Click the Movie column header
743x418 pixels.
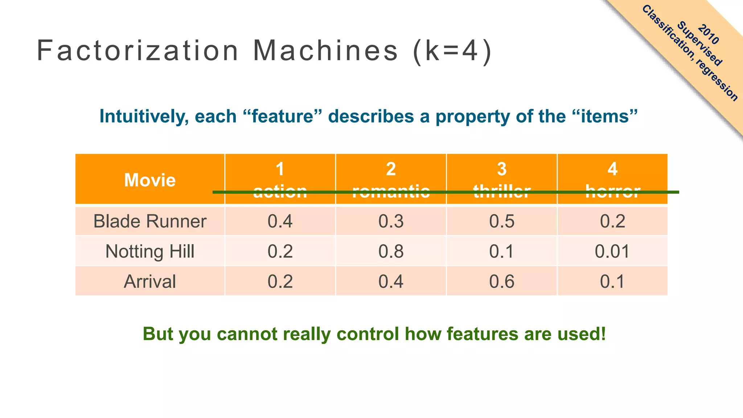click(149, 180)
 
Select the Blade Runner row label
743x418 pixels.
click(149, 221)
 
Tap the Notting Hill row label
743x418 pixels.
click(149, 251)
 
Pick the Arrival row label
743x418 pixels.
click(149, 282)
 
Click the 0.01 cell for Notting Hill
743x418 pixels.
click(612, 251)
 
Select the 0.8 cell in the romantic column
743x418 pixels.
click(391, 251)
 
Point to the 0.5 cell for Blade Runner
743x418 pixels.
click(501, 221)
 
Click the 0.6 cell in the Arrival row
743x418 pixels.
click(501, 282)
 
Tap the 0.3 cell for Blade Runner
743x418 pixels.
click(391, 221)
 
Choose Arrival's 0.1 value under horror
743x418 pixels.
click(612, 282)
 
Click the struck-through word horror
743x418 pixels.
click(612, 191)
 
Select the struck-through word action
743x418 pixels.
click(280, 191)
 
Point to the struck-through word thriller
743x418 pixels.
click(501, 191)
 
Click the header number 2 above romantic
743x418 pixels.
click(391, 169)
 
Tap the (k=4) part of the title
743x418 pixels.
click(452, 51)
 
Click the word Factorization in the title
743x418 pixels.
click(138, 51)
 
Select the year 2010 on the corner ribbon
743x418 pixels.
click(708, 34)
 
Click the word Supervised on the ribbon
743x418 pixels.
click(699, 44)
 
